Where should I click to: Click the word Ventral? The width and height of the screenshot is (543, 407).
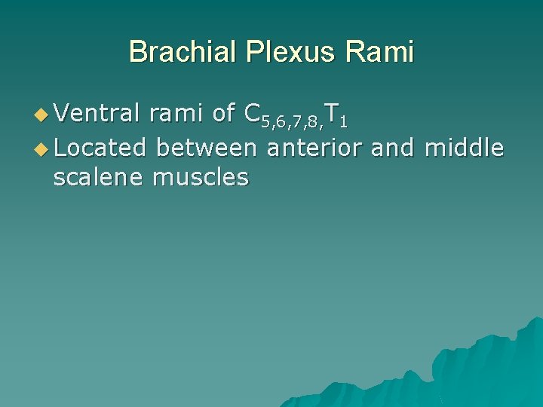97,114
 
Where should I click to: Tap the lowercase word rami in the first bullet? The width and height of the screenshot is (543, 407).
176,114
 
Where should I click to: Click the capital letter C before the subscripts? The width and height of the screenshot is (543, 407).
252,114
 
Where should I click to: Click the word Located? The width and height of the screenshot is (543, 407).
100,148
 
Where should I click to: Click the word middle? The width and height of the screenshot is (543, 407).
464,148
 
